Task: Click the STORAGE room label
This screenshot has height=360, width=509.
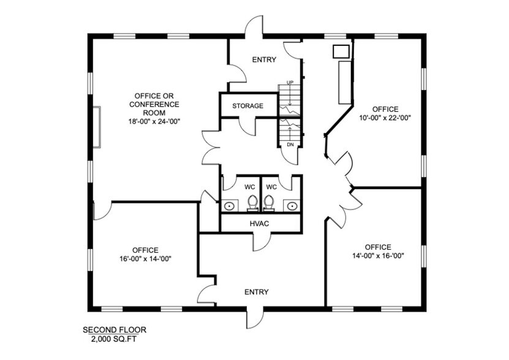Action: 247,106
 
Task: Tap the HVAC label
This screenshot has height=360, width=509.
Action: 260,223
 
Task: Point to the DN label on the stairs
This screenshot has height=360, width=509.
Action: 290,144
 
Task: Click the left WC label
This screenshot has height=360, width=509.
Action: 249,186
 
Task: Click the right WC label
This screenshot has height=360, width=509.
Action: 272,186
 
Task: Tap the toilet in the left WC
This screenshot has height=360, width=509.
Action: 252,202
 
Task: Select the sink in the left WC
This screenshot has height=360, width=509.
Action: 229,205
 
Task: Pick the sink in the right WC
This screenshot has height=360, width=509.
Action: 292,205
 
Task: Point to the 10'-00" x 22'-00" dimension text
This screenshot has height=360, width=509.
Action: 384,118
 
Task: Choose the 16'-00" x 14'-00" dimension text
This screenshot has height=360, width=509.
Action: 145,258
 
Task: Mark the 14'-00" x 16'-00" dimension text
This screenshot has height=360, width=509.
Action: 378,256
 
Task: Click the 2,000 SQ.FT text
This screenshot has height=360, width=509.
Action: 115,339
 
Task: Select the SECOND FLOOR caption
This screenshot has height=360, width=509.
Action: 115,330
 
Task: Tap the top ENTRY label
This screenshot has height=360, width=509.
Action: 264,59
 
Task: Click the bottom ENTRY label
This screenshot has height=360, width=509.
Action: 256,292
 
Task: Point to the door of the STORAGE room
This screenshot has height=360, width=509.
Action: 247,126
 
